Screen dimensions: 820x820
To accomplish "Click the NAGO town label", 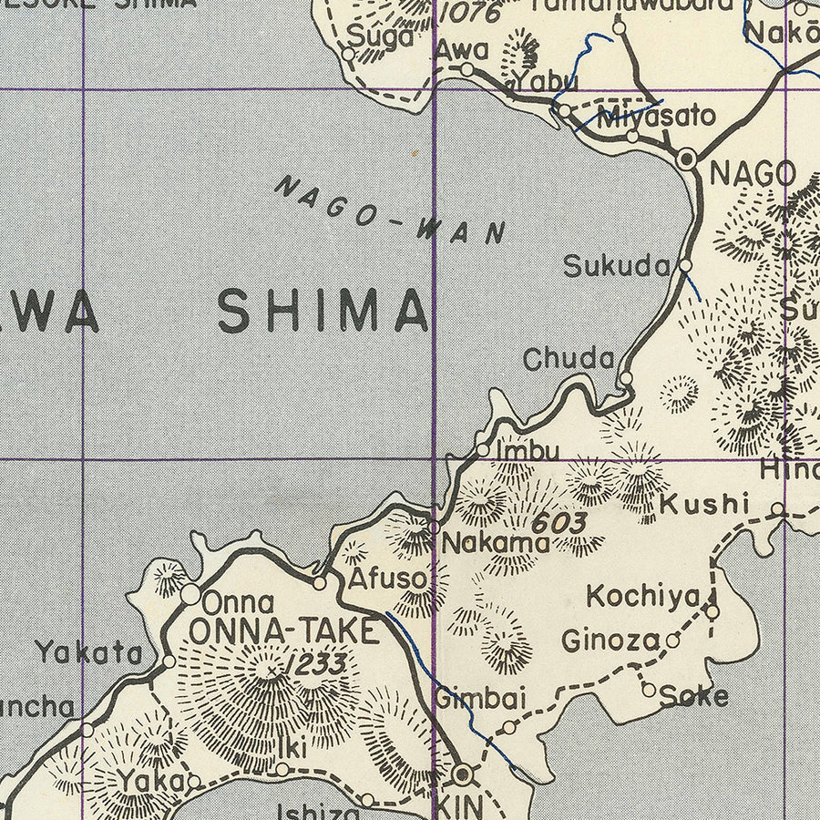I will pos(752,173).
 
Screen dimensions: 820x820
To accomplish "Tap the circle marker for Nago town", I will pos(688,159).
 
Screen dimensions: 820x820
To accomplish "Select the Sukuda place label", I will pos(617,266).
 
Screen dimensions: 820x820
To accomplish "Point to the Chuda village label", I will pos(569,359).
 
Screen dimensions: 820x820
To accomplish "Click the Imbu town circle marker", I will pos(483,449).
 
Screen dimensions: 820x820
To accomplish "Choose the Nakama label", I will pos(496,544).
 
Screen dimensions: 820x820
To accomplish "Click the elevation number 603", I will pos(558,523).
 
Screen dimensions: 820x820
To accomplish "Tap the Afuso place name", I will pos(387,579).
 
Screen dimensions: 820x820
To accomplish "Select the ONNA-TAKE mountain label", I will pos(282,630).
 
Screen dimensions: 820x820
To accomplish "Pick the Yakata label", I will pos(89,652).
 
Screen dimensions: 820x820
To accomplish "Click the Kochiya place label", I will pos(643,597).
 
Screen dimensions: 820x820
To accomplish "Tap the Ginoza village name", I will pos(610,641).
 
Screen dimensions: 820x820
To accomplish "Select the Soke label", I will pos(694,696).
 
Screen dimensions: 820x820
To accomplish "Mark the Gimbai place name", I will pos(480,699).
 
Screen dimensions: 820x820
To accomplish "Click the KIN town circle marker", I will pos(464,774).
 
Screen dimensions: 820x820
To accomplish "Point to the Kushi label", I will pos(704,503).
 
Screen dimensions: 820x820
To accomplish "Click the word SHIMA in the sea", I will pos(323,312).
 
